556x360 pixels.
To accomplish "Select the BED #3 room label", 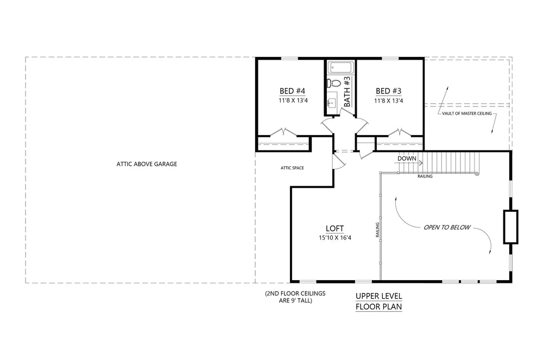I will pos(388,91).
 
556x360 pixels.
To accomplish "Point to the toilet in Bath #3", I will pos(333,83).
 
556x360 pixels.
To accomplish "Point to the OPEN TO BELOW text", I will pos(447,227).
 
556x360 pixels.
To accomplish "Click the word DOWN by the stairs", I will pos(407,159).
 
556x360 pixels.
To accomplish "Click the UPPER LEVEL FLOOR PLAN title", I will pos(378,301).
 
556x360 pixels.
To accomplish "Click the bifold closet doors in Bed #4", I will pos(283,132).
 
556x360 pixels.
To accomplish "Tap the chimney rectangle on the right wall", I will pos(510,227).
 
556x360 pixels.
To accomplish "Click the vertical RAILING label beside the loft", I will pos(377,230).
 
